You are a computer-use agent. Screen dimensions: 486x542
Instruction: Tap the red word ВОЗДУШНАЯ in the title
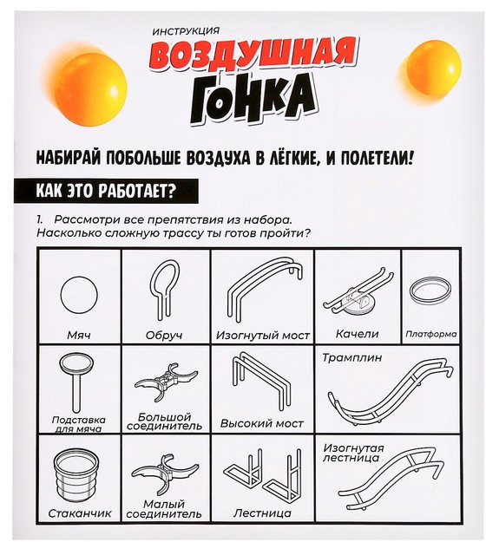[253, 56]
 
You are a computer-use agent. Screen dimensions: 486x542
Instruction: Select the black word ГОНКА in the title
[253, 99]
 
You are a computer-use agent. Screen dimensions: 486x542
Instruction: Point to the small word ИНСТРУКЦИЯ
[186, 31]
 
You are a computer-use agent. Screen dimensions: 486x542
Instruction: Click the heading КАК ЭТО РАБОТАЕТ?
[106, 191]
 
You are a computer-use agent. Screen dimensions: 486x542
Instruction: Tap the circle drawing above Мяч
[79, 296]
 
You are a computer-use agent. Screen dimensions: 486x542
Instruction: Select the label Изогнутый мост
[263, 336]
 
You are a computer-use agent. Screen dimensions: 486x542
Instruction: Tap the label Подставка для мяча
[79, 424]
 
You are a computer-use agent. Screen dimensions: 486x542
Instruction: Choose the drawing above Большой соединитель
[166, 381]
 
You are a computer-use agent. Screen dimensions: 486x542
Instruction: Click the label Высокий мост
[262, 423]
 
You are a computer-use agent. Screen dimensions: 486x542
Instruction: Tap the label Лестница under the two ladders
[262, 513]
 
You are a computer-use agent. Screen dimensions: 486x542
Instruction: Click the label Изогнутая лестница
[353, 454]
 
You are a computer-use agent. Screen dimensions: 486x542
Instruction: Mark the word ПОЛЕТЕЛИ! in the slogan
[377, 159]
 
